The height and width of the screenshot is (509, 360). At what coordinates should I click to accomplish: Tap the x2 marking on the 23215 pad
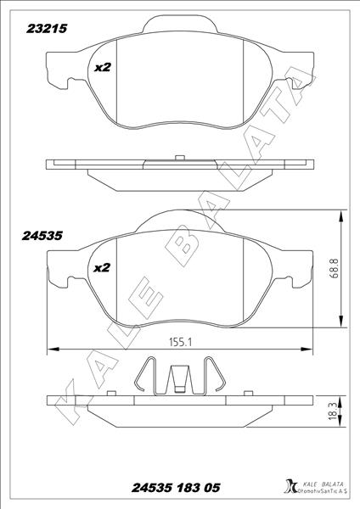pos(103,67)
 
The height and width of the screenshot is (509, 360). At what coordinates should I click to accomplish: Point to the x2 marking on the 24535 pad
pos(103,267)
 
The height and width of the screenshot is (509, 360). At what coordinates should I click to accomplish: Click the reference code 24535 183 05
pos(177,488)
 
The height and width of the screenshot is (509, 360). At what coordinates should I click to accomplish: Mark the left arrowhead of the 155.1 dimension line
pos(52,348)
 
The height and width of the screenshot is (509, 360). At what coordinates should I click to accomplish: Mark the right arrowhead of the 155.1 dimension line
pos(305,348)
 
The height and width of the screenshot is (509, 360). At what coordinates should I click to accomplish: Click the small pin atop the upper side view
pos(179,156)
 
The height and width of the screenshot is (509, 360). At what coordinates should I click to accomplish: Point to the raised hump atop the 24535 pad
pos(178,220)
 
